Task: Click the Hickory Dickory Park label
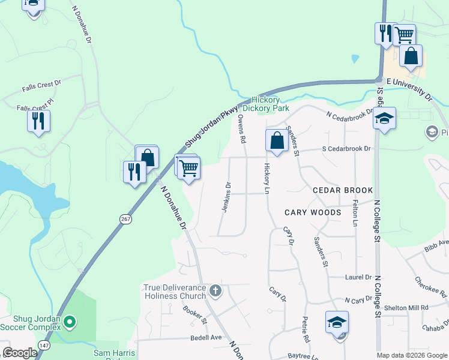tap(270, 104)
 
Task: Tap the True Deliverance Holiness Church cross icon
tap(216, 292)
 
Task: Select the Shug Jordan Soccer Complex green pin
tap(70, 323)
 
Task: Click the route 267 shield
tap(125, 220)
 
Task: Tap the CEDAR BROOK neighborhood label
tap(343, 190)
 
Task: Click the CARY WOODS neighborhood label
tap(313, 212)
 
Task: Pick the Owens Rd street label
tap(242, 129)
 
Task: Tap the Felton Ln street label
tap(355, 213)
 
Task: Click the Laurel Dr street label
tap(358, 278)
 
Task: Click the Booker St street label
tap(194, 313)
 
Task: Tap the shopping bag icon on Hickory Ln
tap(277, 142)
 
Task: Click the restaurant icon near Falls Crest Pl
tap(38, 121)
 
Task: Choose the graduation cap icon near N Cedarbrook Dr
tap(384, 118)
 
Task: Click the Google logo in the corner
tap(20, 353)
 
